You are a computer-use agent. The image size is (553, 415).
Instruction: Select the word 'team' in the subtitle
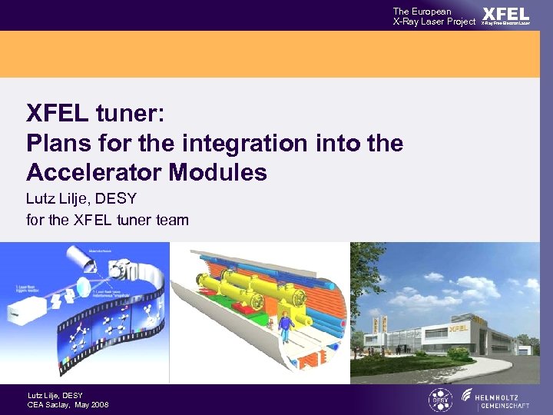pyautogui.click(x=171, y=221)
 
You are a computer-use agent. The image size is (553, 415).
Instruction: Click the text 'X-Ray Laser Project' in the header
pyautogui.click(x=434, y=22)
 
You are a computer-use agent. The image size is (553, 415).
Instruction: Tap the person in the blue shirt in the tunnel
pyautogui.click(x=285, y=326)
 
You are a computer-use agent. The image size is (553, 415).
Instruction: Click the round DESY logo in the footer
pyautogui.click(x=440, y=400)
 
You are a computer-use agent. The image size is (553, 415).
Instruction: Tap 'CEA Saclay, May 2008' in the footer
pyautogui.click(x=68, y=405)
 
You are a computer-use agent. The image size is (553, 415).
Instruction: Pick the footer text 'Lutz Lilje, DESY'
pyautogui.click(x=55, y=395)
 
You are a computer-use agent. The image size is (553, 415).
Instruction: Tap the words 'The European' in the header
pyautogui.click(x=422, y=11)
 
